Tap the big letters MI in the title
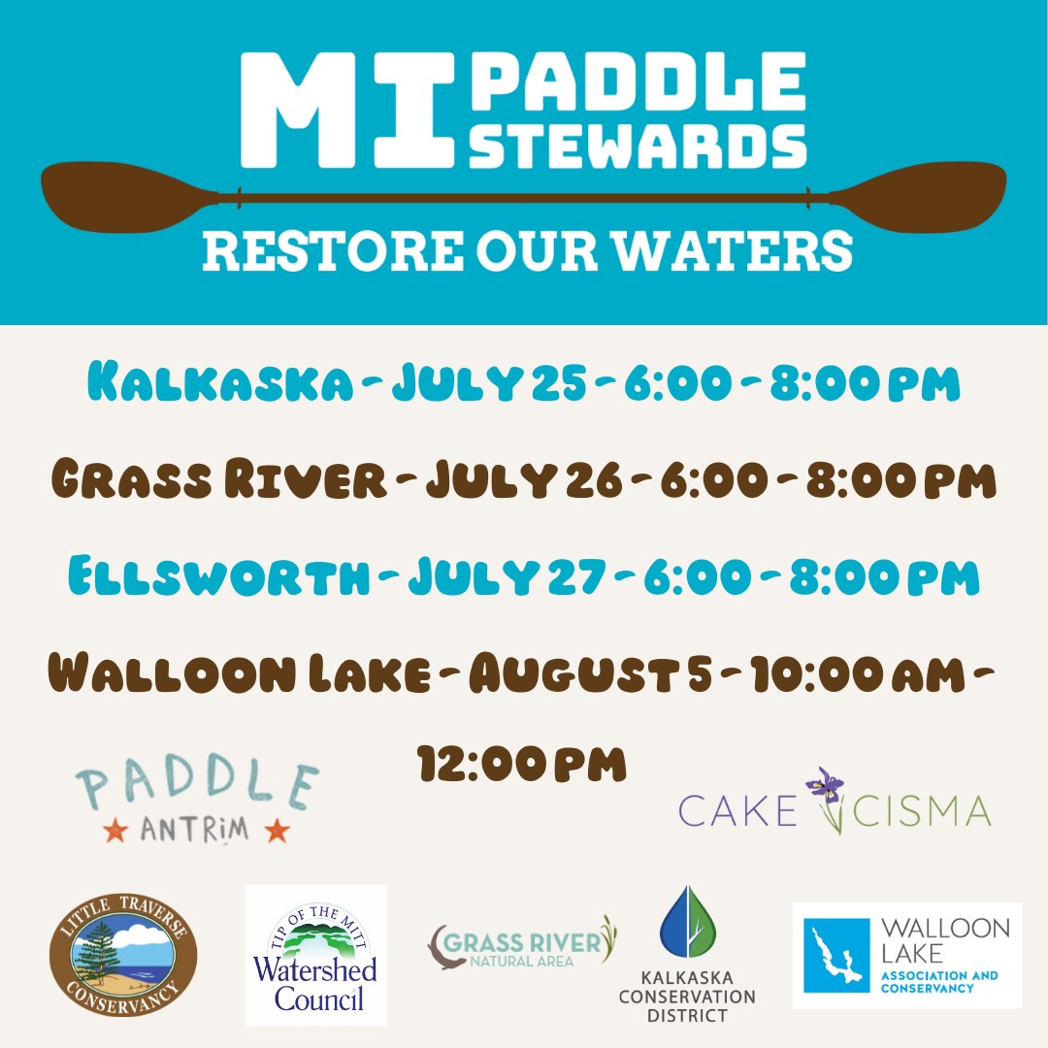[x=347, y=111]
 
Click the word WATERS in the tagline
[x=734, y=250]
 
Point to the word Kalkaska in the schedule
[x=220, y=382]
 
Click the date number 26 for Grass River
[x=594, y=479]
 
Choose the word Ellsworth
[x=218, y=575]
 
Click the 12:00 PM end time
[x=522, y=764]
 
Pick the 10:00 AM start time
[x=858, y=673]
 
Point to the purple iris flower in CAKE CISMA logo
[x=826, y=783]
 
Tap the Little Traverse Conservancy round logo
[x=123, y=954]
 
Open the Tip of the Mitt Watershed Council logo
[x=316, y=955]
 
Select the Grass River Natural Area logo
[x=521, y=943]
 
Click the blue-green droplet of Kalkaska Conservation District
[x=688, y=922]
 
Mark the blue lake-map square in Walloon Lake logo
[x=836, y=955]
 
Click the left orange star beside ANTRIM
[x=115, y=831]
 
